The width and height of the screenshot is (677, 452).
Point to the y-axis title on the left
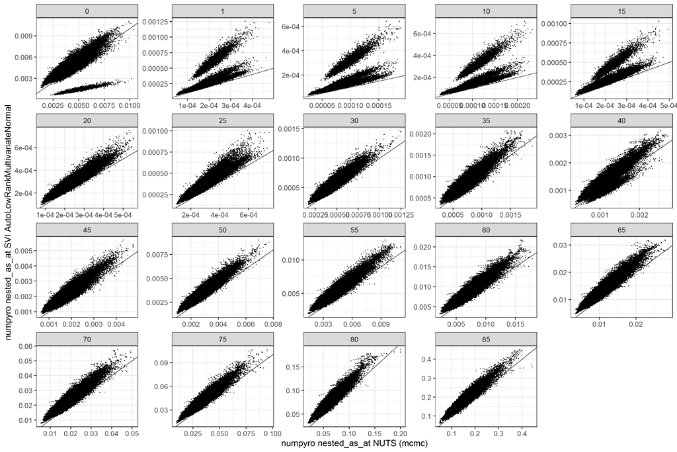[x=9, y=225]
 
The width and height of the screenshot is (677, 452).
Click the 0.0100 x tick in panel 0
[x=128, y=106]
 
